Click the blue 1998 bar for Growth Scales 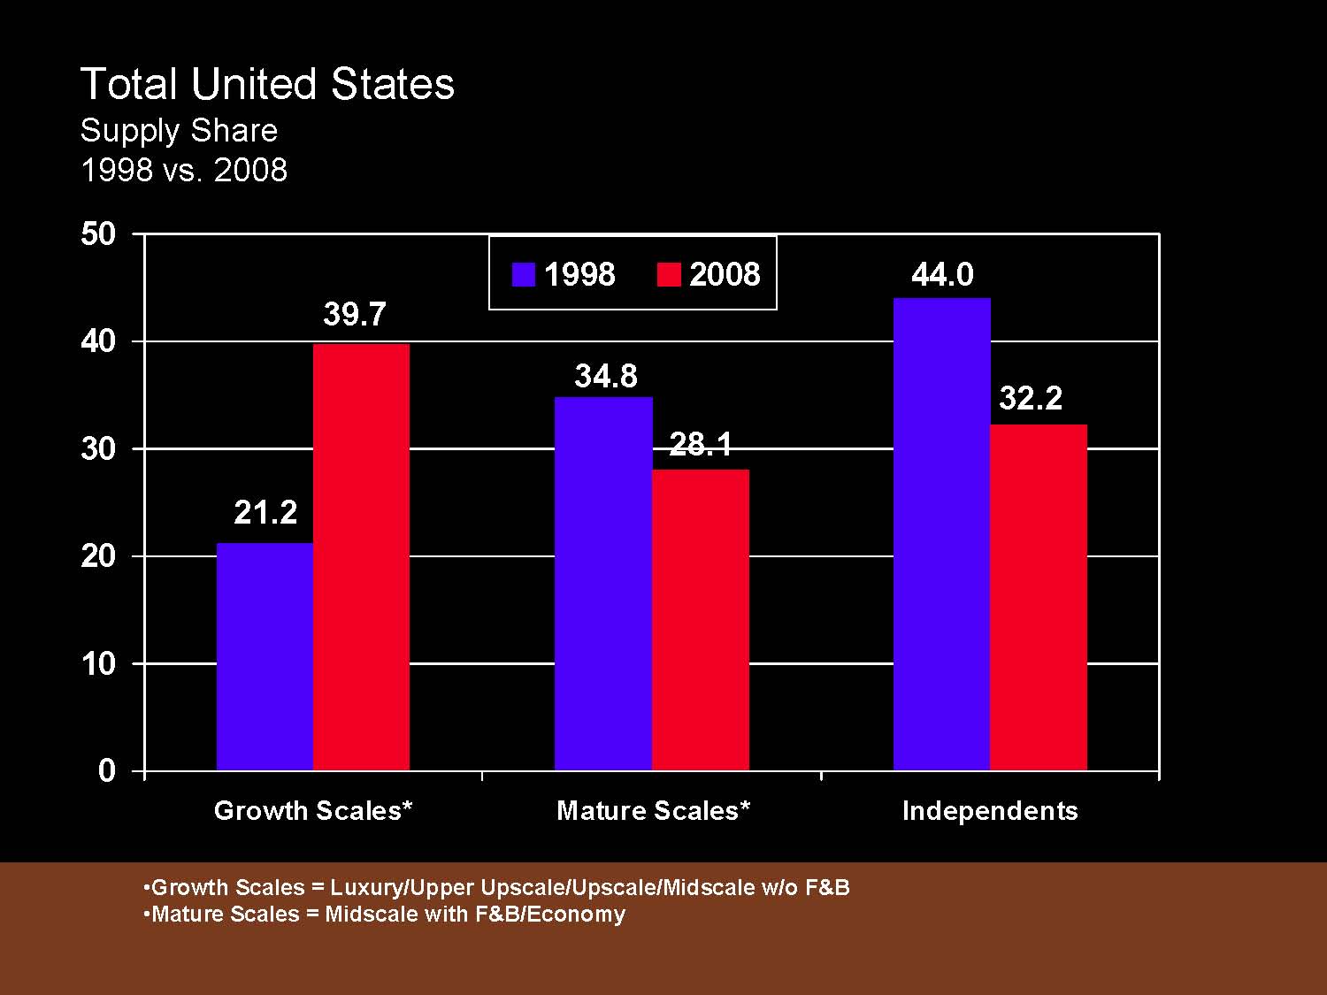(265, 656)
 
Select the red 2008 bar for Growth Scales (361, 557)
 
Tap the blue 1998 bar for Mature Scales (603, 584)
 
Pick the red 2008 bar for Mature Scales (701, 619)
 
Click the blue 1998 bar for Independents (942, 534)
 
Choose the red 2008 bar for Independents (1039, 598)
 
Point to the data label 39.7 (355, 314)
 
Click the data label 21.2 (265, 512)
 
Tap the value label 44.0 (942, 274)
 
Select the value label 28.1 (701, 444)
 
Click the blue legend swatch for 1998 (524, 274)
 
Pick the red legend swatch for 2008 (669, 274)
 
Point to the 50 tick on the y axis (98, 233)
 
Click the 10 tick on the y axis (98, 663)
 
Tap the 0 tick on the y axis (107, 770)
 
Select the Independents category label (990, 811)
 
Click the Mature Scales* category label (653, 811)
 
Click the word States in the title (392, 84)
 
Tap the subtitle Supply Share (179, 131)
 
